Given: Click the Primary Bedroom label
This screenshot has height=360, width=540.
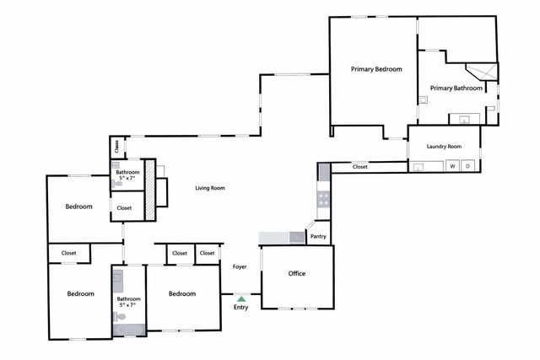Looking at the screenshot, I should coord(376,69).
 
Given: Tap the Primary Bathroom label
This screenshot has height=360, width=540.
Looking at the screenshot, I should coord(456,88).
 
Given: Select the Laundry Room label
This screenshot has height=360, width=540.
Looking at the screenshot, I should coord(444,146).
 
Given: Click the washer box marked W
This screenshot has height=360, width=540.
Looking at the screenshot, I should coord(453,166).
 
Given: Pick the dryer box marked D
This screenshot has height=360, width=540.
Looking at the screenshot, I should coord(467,166).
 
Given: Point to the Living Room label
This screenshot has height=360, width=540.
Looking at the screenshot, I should coord(210,188).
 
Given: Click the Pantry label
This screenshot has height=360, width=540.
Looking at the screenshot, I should coord(318,237).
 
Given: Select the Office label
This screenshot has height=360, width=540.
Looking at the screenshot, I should coord(296,274).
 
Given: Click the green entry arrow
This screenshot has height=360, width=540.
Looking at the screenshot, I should coord(241,298).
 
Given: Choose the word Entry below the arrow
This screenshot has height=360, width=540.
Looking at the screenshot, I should coord(241,307).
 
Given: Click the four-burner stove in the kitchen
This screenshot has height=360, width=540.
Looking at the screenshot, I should coord(322,200).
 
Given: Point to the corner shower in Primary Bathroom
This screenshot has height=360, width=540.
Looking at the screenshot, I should coord(483,73).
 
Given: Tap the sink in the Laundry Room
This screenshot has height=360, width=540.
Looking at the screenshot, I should coord(418,166).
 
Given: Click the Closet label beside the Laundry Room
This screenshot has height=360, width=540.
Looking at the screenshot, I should coord(360,166).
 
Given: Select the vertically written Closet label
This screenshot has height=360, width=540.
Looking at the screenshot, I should coord(116,146).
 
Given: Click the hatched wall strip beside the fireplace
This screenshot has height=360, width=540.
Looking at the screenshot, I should coord(149,191).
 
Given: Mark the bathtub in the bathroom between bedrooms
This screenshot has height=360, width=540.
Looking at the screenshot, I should coord(127,330).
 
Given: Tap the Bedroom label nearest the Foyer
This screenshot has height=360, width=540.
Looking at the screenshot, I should coord(181,293).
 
